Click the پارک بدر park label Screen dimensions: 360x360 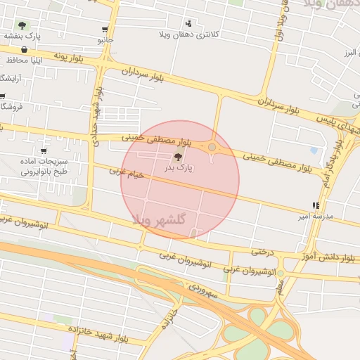pyautogui.click(x=179, y=169)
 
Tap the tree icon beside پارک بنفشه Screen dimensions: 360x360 pyautogui.click(x=22, y=25)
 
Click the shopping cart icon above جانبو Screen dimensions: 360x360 pyautogui.click(x=105, y=30)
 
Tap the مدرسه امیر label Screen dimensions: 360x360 pyautogui.click(x=311, y=216)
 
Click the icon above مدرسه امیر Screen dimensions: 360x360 pyautogui.click(x=316, y=206)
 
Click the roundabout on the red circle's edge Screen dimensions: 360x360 pyautogui.click(x=212, y=147)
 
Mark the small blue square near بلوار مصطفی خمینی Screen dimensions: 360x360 pyautogui.click(x=314, y=150)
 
